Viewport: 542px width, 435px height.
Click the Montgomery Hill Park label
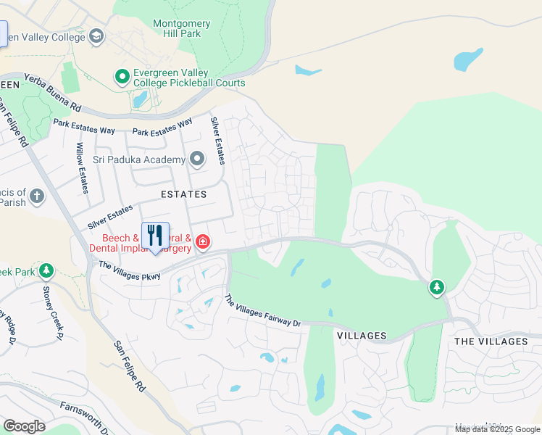[x=182, y=28]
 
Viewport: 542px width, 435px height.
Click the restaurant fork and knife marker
[x=155, y=236]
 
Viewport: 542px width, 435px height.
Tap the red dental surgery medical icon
[x=202, y=241]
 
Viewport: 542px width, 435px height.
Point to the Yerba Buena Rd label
[x=52, y=91]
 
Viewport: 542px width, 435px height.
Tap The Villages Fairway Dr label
[x=262, y=310]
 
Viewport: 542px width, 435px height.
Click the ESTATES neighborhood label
[x=183, y=194]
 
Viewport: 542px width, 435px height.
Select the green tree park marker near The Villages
[x=436, y=288]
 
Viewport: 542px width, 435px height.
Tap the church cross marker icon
[x=36, y=196]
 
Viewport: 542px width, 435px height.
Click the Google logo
[x=24, y=426]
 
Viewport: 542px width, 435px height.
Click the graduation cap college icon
[x=96, y=37]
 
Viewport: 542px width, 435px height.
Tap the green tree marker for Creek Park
[x=46, y=271]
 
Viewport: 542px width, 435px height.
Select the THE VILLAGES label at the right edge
[x=491, y=341]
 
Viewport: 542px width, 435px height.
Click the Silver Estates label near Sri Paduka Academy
[x=216, y=141]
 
